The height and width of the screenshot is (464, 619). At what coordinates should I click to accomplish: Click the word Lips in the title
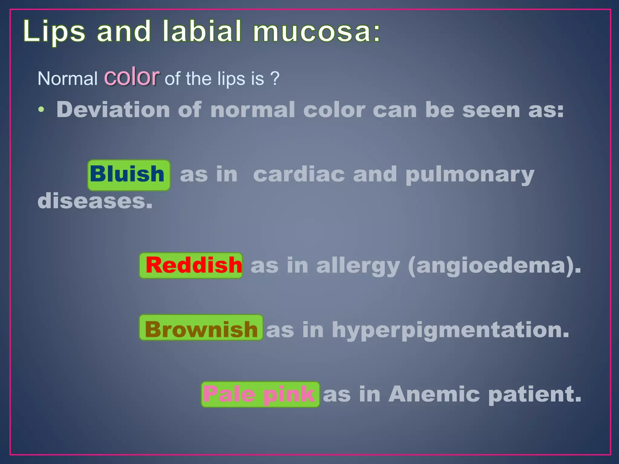pos(54,31)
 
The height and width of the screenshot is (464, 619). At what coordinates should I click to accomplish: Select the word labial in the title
pos(202,31)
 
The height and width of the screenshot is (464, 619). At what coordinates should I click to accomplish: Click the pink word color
pos(131,77)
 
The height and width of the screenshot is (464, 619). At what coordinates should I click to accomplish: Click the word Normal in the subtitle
pos(67,79)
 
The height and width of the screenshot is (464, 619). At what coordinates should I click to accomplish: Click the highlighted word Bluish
pos(127,174)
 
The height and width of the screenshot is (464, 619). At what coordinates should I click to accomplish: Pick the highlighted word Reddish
pos(193,265)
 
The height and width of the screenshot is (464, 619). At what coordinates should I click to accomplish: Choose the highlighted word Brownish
pos(201,329)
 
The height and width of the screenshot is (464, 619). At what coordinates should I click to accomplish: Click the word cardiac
pos(299,175)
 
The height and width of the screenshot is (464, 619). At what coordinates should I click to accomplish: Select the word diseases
pos(95,201)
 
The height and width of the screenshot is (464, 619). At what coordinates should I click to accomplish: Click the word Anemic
pos(434,394)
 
